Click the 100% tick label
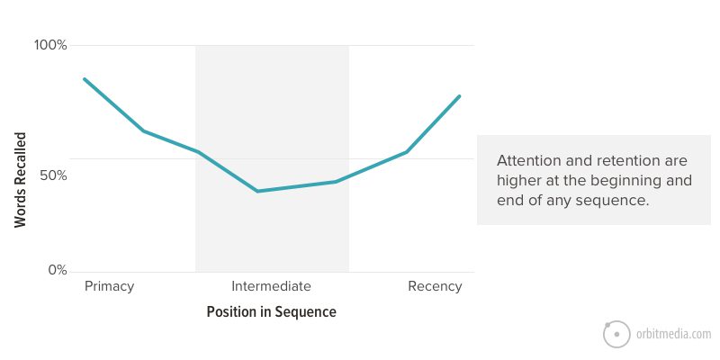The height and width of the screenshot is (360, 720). [x=50, y=46]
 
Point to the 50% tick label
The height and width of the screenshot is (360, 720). [x=53, y=175]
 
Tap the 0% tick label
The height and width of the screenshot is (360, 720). [x=58, y=270]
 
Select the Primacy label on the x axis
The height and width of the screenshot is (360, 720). [x=109, y=286]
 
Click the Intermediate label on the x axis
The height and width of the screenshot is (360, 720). [x=272, y=286]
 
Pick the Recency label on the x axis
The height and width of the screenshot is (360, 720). [x=435, y=286]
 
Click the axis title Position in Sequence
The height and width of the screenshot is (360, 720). [x=272, y=312]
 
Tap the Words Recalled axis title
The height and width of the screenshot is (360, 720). [x=20, y=180]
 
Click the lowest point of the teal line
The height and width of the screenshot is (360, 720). [x=257, y=191]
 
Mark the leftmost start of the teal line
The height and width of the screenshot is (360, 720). [x=84, y=79]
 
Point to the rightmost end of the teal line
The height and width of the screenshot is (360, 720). [x=459, y=96]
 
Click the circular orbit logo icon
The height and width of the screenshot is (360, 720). [x=616, y=334]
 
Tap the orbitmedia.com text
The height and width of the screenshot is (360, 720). [x=673, y=334]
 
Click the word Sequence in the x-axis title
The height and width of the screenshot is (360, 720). [x=305, y=312]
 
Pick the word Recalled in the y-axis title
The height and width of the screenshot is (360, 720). [x=20, y=157]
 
